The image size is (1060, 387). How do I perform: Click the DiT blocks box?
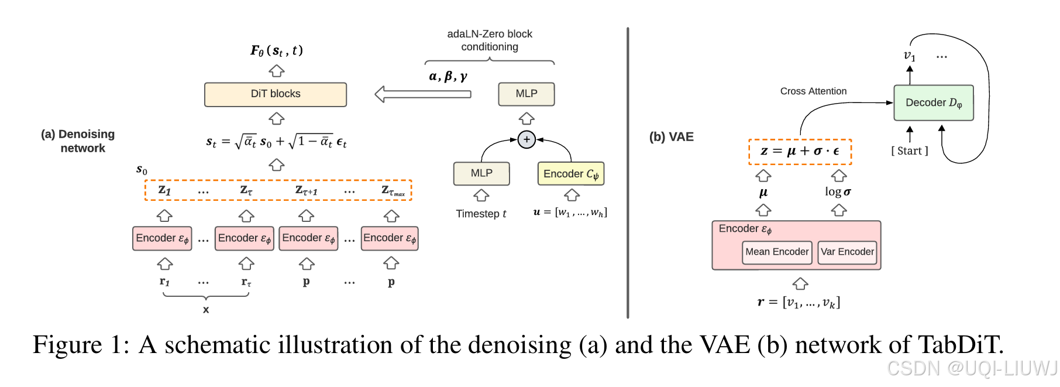(275, 94)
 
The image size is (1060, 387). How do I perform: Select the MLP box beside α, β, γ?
(526, 94)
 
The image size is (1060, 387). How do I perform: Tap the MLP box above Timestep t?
(481, 173)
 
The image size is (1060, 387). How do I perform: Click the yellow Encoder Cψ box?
(570, 174)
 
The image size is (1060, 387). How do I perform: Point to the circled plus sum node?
(526, 139)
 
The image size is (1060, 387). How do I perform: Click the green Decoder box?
(933, 103)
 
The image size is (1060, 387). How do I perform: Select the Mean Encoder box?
(776, 252)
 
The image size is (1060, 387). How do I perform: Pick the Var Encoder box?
(846, 252)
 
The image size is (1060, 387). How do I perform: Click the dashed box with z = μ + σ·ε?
(800, 152)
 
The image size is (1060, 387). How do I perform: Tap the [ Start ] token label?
(909, 151)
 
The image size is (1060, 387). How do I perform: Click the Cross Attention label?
(813, 91)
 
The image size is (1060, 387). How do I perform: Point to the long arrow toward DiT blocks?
(422, 94)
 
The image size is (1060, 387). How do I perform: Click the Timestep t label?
(481, 214)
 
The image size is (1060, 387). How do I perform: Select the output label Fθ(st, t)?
(276, 51)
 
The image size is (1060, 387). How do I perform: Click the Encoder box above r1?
(162, 238)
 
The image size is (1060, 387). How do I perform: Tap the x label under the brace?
(206, 310)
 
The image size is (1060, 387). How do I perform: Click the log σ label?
(838, 192)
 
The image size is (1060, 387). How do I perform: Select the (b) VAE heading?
(671, 137)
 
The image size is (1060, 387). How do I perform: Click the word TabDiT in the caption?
(959, 345)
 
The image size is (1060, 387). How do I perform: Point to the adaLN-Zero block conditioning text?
(489, 40)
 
